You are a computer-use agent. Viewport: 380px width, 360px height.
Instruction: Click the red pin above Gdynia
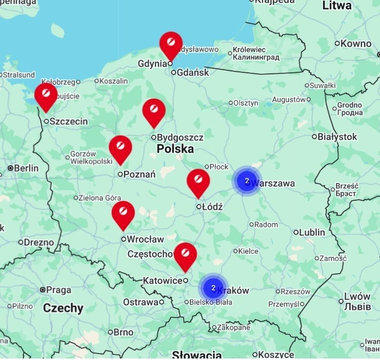(171, 43)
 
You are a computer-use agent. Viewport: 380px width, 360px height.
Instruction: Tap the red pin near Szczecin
(46, 95)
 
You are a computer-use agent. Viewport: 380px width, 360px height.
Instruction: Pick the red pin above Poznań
(120, 147)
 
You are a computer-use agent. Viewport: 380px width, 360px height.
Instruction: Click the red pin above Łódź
(198, 181)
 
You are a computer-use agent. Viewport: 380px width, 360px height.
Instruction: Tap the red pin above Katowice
(185, 254)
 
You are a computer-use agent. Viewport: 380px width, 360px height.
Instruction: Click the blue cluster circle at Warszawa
(247, 181)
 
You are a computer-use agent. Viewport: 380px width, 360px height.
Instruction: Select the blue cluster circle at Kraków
(214, 288)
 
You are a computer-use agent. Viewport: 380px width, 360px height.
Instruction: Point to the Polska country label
(175, 149)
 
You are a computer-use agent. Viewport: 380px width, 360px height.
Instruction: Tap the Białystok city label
(337, 137)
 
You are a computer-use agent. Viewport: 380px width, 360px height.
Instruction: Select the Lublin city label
(312, 232)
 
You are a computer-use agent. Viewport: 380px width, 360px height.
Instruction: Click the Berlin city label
(26, 168)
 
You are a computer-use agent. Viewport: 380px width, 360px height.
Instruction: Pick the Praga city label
(59, 290)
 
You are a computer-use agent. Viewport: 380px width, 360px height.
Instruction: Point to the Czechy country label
(63, 308)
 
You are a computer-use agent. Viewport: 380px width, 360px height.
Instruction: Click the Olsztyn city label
(246, 103)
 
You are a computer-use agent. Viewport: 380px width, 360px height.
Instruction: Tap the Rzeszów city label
(295, 292)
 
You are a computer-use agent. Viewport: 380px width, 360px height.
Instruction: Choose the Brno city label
(123, 332)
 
